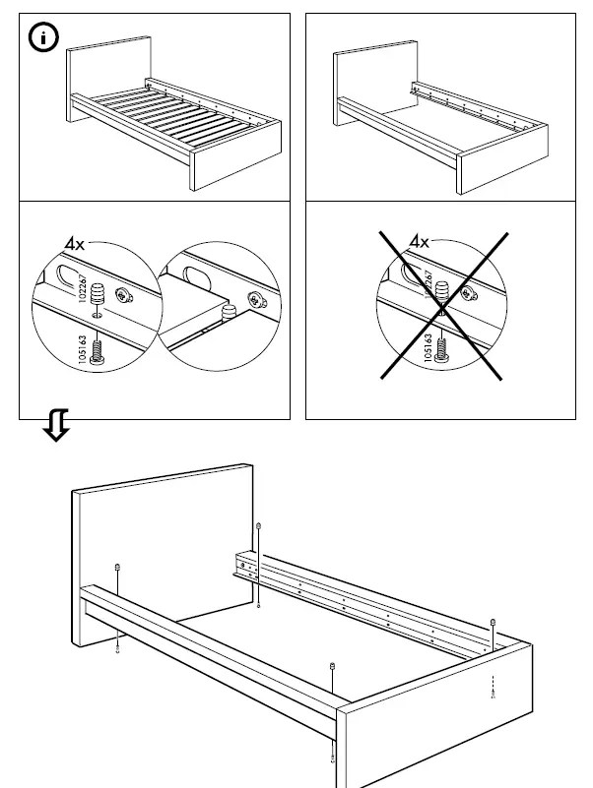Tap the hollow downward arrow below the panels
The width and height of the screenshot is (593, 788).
[56, 427]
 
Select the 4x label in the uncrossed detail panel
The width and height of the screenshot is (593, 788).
[75, 242]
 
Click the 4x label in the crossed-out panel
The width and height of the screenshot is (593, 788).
[421, 242]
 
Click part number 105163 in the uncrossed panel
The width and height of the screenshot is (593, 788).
[82, 351]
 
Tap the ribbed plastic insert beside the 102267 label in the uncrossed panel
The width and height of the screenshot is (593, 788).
[98, 293]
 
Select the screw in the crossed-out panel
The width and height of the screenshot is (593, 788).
[442, 349]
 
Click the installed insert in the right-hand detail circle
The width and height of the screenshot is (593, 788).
[230, 313]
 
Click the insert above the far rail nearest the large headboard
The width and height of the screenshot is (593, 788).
[258, 527]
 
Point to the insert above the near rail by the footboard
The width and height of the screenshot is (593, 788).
[333, 667]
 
